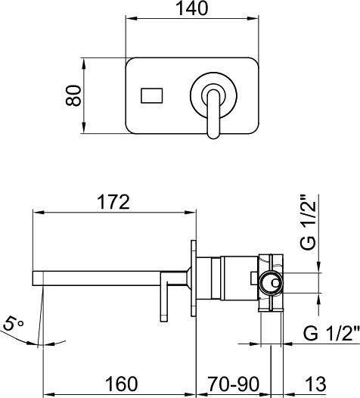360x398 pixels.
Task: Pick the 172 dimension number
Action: tap(113, 203)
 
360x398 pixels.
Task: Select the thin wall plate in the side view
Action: tap(195, 280)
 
